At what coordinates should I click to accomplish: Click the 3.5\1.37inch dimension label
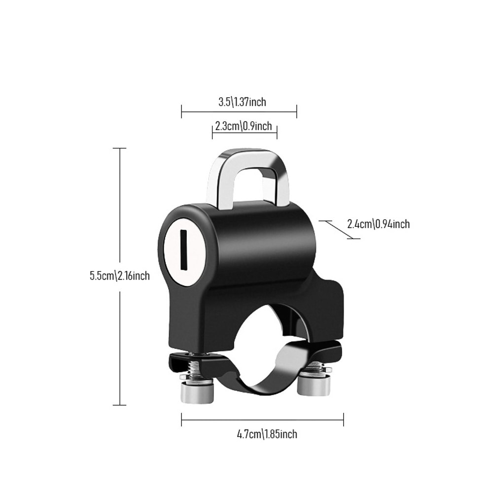coord(242,102)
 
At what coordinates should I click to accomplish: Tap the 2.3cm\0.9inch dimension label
coord(244,126)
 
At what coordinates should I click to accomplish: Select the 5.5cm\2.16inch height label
coord(119,276)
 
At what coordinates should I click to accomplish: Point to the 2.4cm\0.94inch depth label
coord(378,224)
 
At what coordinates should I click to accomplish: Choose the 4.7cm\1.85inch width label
coord(267,434)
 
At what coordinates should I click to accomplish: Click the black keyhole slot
coord(183,250)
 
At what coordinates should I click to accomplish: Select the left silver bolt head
coord(197,392)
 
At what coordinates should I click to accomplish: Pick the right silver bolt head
coord(314,386)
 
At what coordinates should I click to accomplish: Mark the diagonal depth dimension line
coord(339,230)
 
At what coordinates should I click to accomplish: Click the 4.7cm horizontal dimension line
coord(262,420)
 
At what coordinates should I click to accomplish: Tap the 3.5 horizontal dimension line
coord(239,112)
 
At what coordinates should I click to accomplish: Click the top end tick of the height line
coord(120,148)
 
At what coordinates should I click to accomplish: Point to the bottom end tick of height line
coord(120,405)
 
